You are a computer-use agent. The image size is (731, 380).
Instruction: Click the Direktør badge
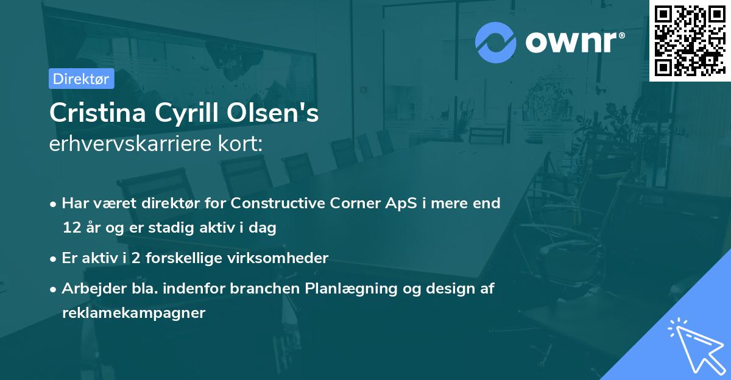[x=81, y=79]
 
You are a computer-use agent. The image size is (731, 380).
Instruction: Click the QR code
[x=690, y=40]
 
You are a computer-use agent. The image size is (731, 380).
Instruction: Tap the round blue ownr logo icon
[x=496, y=42]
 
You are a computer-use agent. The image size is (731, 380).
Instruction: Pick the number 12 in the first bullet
[x=70, y=228]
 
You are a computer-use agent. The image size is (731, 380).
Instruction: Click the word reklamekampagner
[x=133, y=313]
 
